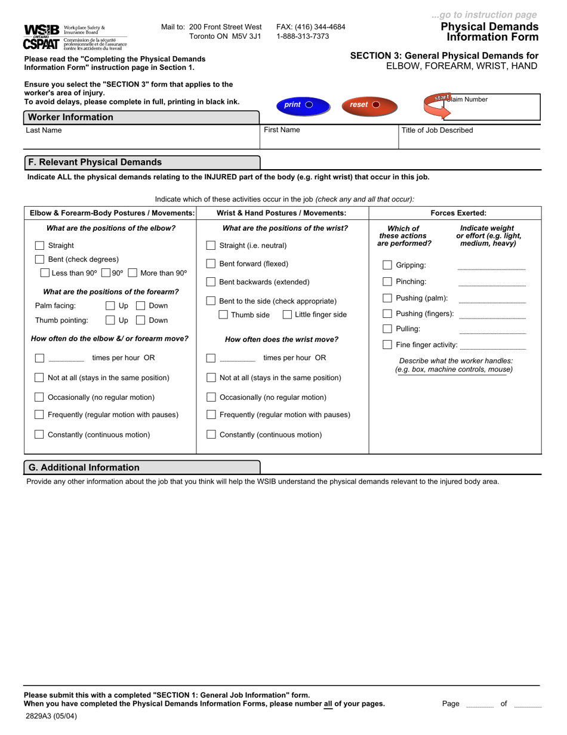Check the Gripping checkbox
tap(387, 265)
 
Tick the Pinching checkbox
tap(387, 281)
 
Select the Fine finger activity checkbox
tap(387, 345)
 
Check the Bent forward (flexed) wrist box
tap(211, 264)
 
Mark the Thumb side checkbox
tap(223, 315)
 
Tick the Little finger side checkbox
tap(287, 315)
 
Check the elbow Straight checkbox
tap(39, 246)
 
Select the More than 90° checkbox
tap(132, 273)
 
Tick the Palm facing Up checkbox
tap(110, 306)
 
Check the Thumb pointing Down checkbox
tap(141, 320)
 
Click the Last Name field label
tap(44, 130)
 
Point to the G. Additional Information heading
tap(84, 467)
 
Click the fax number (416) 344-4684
tap(310, 27)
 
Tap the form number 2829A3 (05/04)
tap(51, 716)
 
